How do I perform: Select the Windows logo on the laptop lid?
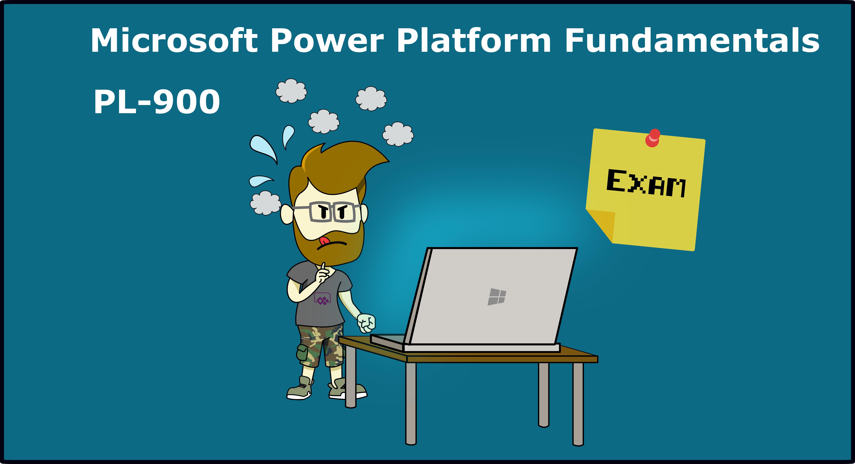tap(497, 296)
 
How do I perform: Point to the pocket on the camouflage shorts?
tap(302, 352)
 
